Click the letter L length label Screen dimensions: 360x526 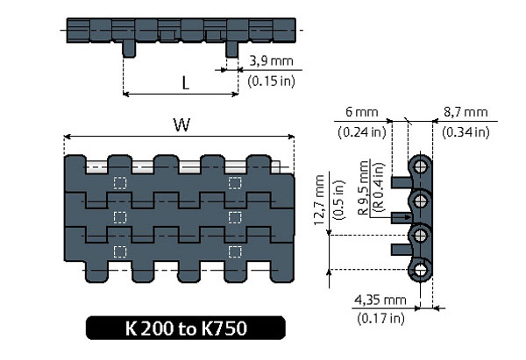(186, 83)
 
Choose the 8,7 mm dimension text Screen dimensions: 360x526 (465, 113)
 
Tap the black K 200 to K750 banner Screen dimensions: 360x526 (186, 328)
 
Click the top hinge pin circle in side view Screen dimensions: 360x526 (423, 166)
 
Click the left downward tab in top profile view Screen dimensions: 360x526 (128, 47)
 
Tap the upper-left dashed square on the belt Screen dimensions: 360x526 (120, 183)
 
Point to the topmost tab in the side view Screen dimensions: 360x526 (402, 181)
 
